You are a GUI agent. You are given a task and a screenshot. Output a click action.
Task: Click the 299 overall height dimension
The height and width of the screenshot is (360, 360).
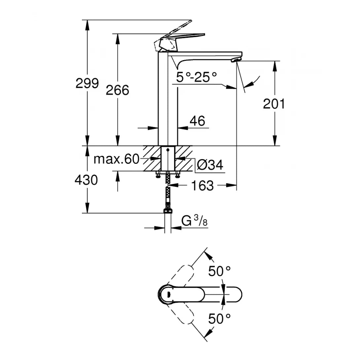pos(87,83)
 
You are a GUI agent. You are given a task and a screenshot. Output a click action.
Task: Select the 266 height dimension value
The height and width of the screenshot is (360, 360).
pos(117,90)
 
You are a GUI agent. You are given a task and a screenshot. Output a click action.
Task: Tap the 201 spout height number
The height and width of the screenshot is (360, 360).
pos(274,104)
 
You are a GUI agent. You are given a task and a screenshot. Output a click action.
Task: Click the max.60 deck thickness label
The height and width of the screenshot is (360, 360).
pos(117,159)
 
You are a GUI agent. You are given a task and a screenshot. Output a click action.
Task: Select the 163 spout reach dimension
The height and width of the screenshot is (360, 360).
pos(202,186)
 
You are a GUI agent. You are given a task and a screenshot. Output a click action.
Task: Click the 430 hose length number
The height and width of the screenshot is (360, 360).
pos(86,180)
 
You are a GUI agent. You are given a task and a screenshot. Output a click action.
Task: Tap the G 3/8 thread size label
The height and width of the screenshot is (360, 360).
pos(194,221)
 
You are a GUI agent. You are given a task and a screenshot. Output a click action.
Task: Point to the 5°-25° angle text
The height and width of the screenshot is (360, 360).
pos(197,78)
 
